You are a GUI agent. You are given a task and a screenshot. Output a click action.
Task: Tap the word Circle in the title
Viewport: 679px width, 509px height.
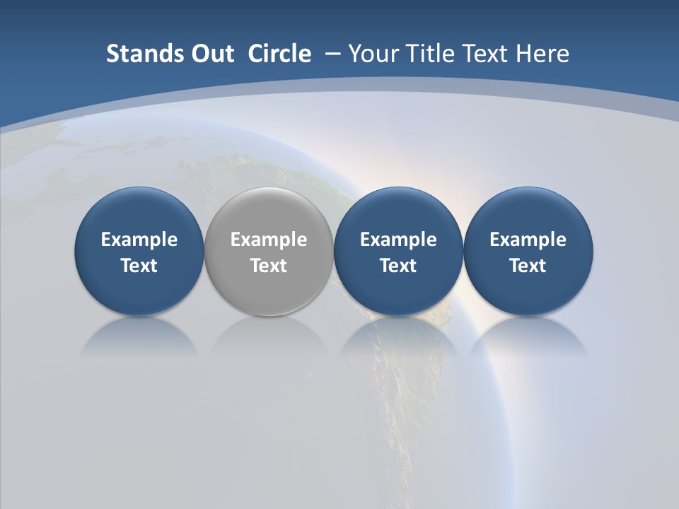(279, 54)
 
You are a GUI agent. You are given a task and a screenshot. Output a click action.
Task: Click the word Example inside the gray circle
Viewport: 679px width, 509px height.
(269, 240)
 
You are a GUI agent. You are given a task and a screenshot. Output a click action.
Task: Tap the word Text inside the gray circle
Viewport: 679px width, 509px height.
(269, 266)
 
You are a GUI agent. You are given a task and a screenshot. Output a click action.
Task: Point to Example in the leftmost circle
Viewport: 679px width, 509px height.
(139, 240)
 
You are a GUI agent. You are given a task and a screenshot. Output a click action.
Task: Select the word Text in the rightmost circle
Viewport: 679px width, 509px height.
(528, 266)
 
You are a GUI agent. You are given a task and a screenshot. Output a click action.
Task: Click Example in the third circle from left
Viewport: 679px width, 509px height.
(398, 240)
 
